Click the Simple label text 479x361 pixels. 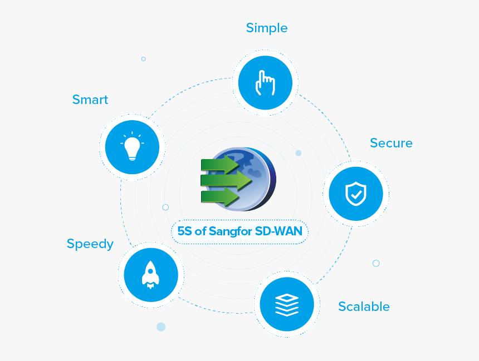[267, 28]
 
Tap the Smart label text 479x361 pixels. [90, 100]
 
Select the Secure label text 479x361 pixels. [391, 144]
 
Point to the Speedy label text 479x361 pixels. [90, 244]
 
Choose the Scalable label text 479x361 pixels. [364, 306]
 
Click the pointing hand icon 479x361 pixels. [265, 83]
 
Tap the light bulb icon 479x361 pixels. [132, 147]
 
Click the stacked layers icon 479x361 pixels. [287, 304]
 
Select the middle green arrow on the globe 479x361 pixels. [226, 180]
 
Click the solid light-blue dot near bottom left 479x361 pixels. [161, 327]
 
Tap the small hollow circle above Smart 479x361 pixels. [143, 59]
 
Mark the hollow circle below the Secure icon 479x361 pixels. [376, 263]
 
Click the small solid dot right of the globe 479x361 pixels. [299, 153]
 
